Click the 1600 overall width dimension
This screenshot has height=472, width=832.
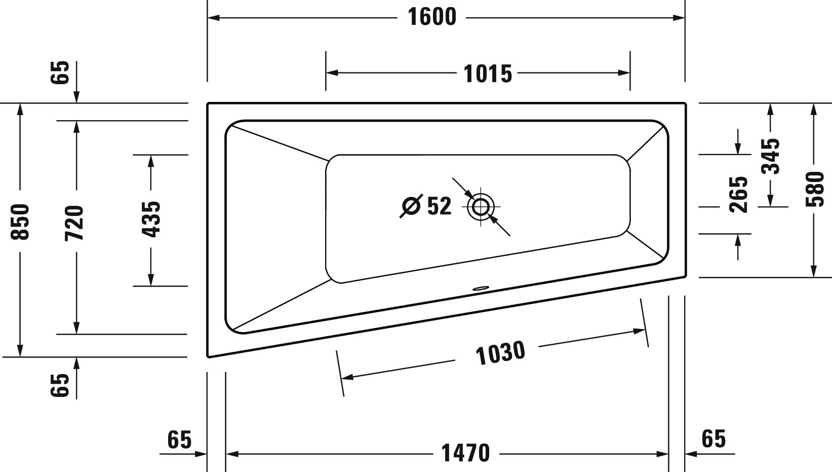432,17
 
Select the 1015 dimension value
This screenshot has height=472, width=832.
488,74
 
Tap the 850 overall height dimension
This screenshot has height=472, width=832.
21,222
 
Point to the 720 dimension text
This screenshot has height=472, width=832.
74,223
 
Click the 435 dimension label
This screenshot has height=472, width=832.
151,220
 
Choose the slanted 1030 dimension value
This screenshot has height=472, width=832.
500,353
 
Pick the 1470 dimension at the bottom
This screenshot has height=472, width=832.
466,453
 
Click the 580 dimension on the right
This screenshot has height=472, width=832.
814,189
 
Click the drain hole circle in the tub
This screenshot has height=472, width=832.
481,207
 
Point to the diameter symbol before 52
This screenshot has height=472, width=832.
411,206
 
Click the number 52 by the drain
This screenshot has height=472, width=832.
439,206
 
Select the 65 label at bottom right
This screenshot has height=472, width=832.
714,439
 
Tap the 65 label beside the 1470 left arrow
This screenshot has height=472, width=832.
179,440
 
